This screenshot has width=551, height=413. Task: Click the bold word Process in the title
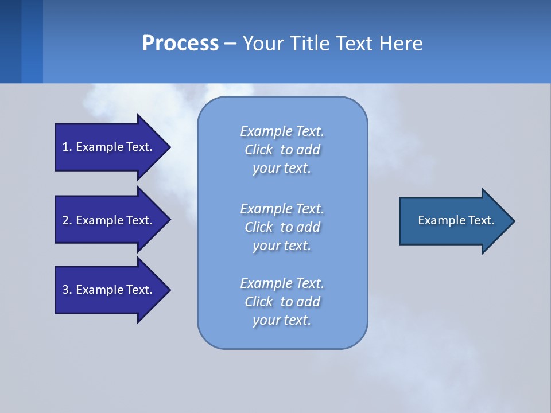coord(180,44)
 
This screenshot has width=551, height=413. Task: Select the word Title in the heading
coord(311,44)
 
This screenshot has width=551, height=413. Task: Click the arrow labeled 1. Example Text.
coord(107,147)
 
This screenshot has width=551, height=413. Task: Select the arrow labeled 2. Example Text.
coord(107,220)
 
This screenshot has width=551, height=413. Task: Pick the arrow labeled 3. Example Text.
coord(107,290)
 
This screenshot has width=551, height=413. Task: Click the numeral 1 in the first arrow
coord(65,147)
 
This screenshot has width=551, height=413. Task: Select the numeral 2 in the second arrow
coord(65,220)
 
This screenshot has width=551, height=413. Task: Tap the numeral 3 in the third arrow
coord(65,290)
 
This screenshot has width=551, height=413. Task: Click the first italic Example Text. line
coord(282,131)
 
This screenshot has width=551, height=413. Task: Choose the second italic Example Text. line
coord(282,208)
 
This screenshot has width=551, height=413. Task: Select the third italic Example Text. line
coord(282,283)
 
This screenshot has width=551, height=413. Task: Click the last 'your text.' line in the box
coord(281,320)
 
